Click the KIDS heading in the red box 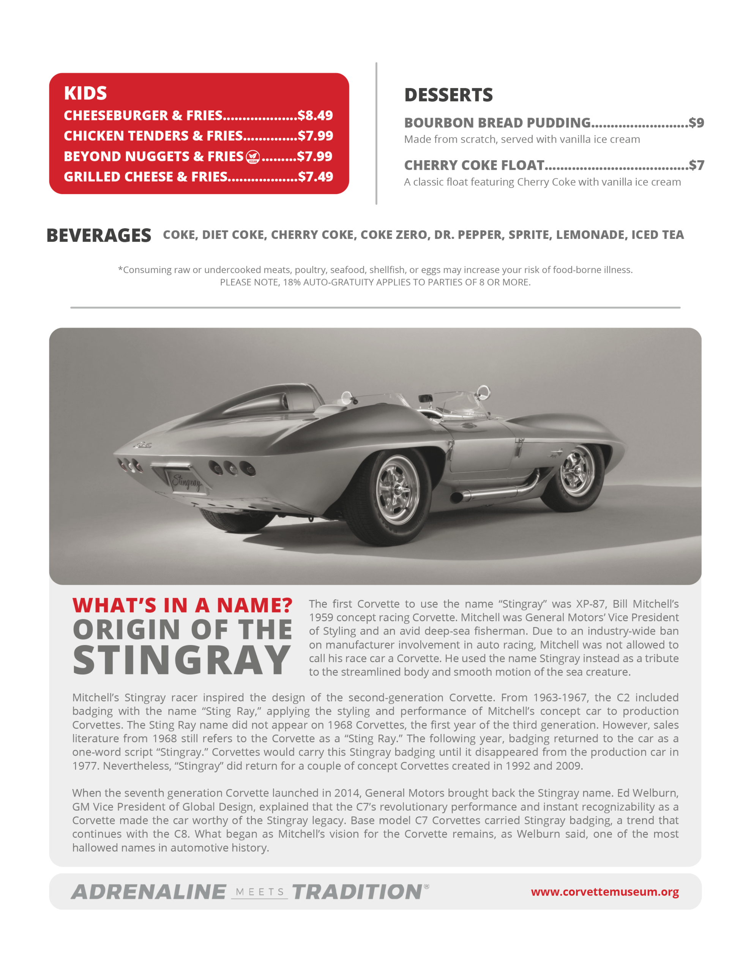[85, 93]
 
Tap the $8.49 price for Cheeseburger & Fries [315, 115]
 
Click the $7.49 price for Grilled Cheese [316, 177]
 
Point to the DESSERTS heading [448, 95]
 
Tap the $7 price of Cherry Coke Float [696, 165]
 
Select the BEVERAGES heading [99, 235]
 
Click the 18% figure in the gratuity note [291, 282]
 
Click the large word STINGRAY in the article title [181, 660]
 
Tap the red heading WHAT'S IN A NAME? [182, 605]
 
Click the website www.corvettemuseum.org [604, 892]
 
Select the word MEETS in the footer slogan [260, 892]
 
